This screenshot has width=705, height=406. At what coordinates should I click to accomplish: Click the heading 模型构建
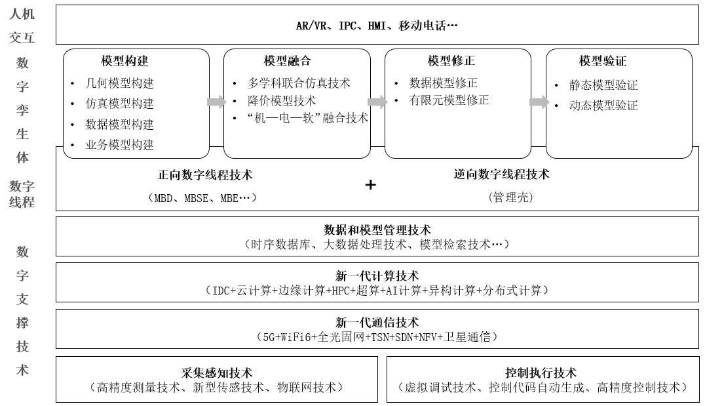(124, 61)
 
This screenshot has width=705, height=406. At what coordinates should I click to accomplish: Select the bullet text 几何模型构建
(120, 83)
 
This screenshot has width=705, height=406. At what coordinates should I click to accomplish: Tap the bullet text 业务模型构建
(120, 144)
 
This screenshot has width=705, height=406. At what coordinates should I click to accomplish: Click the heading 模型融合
(287, 61)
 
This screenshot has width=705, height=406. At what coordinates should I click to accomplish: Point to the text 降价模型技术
(282, 101)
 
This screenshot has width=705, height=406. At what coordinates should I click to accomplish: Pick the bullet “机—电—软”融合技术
(307, 118)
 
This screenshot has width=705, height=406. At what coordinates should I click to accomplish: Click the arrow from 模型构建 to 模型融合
(216, 102)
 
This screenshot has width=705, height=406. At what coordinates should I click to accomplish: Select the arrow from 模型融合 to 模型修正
(377, 102)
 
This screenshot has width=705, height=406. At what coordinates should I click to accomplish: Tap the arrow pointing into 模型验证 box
(539, 102)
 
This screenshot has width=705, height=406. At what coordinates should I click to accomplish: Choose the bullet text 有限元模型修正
(449, 100)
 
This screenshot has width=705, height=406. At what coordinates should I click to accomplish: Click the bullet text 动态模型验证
(603, 106)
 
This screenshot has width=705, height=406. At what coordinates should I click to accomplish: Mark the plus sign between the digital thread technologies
(370, 184)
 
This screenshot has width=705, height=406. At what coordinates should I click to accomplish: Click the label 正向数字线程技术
(205, 174)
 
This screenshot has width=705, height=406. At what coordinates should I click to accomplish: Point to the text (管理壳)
(511, 197)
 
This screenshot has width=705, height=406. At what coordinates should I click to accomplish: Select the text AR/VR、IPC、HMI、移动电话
(371, 26)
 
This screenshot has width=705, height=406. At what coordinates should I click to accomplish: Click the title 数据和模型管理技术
(377, 230)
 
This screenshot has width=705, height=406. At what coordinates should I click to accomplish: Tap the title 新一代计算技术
(377, 276)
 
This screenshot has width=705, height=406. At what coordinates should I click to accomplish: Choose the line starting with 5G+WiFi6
(377, 336)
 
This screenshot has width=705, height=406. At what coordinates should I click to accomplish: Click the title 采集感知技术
(217, 373)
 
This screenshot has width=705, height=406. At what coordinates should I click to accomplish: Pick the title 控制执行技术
(541, 373)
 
